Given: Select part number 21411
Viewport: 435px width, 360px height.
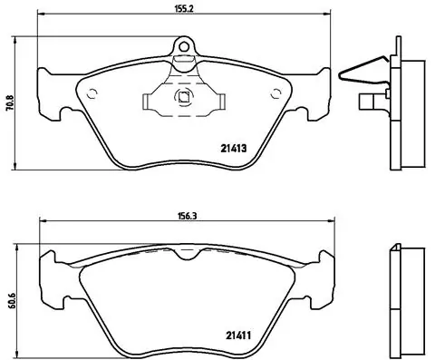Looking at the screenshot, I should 238,336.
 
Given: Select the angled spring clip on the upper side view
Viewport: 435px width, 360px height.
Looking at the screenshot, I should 362,69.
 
